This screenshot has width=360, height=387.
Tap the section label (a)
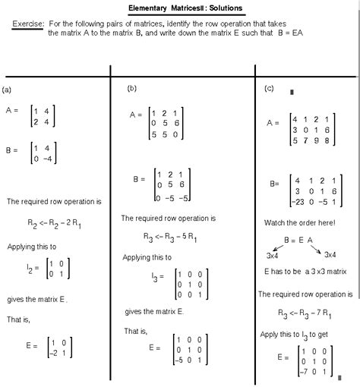click(x=7, y=90)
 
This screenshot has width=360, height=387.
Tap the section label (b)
click(x=132, y=89)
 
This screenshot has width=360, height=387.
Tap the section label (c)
click(x=269, y=89)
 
